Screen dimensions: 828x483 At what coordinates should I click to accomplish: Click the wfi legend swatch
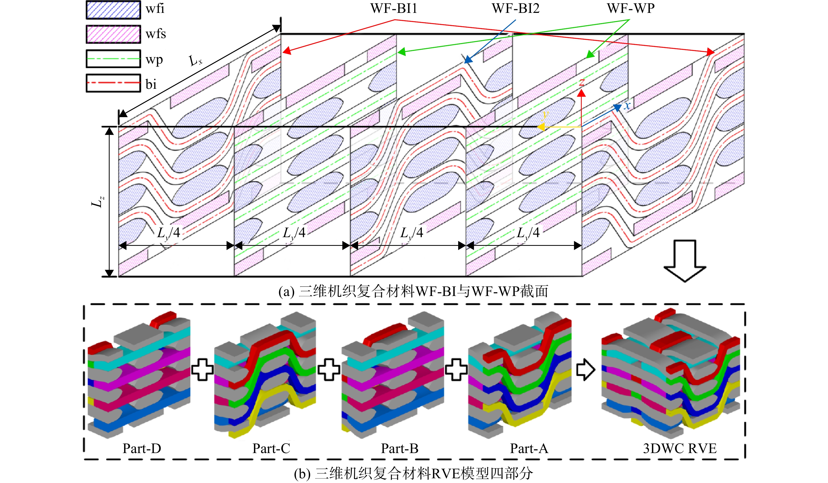coord(113,10)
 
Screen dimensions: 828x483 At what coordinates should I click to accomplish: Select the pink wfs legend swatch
coord(113,34)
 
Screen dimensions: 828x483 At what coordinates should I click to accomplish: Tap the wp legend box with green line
coord(113,59)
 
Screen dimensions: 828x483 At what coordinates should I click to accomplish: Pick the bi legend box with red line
coord(113,83)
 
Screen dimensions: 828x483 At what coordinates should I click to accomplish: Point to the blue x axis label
coord(627,106)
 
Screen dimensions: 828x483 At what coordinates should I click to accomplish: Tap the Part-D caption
coord(142,449)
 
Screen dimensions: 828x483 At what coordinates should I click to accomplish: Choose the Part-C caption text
coord(271,449)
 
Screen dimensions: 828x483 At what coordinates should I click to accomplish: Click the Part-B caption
coord(400,449)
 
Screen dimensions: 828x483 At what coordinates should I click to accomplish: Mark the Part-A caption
coord(529,449)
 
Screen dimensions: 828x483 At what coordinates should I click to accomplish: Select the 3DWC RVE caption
coord(679,449)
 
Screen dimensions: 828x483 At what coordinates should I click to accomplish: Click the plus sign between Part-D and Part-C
coord(202,369)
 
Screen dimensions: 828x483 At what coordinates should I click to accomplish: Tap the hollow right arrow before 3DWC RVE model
coord(586,369)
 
